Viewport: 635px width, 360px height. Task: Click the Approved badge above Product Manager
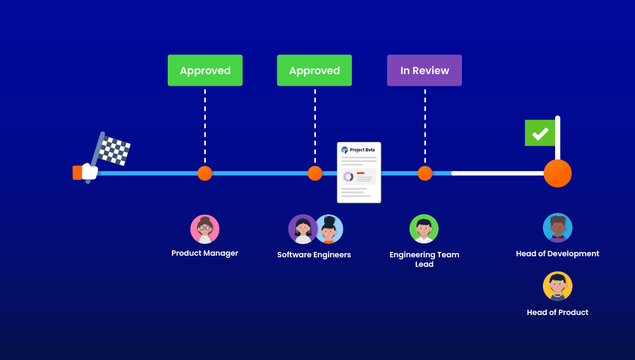click(205, 70)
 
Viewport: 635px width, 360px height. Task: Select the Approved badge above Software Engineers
click(314, 70)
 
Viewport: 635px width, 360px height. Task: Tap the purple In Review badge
click(424, 70)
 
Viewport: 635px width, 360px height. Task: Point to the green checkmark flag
click(540, 133)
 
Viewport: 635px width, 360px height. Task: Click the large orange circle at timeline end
click(558, 173)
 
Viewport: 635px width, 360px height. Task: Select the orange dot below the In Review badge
click(425, 173)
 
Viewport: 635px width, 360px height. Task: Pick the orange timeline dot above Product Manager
click(205, 173)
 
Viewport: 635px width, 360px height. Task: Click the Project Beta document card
click(359, 172)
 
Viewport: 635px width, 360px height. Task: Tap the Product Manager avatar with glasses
click(205, 229)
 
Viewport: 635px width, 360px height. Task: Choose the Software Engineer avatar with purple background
click(302, 229)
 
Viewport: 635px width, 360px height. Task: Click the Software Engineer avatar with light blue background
click(330, 229)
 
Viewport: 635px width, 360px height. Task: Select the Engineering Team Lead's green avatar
click(424, 229)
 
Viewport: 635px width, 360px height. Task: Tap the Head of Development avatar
click(558, 228)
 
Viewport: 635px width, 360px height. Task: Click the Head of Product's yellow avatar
click(558, 286)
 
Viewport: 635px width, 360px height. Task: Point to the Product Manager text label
click(205, 253)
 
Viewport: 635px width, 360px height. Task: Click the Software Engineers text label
click(314, 255)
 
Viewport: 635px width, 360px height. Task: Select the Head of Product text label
click(557, 312)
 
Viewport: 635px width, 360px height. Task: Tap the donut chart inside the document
click(348, 177)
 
